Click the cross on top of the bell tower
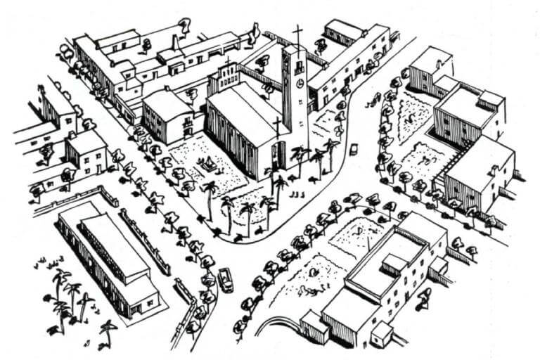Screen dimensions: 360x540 297,35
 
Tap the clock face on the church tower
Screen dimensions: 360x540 300,84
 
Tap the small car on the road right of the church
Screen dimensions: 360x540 354,149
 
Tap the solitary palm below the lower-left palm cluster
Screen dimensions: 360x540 107,330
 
